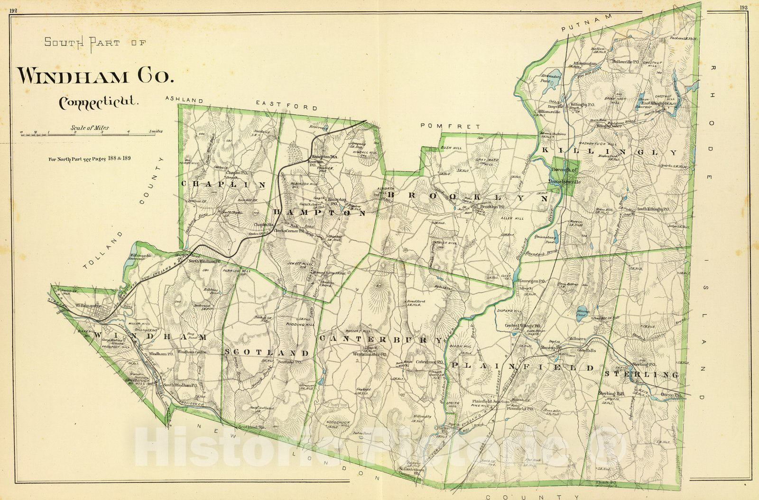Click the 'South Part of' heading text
point(95,43)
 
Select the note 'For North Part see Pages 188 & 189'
point(90,158)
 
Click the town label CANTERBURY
point(381,340)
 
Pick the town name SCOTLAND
point(267,353)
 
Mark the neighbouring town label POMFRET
point(450,126)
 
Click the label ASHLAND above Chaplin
point(185,100)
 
